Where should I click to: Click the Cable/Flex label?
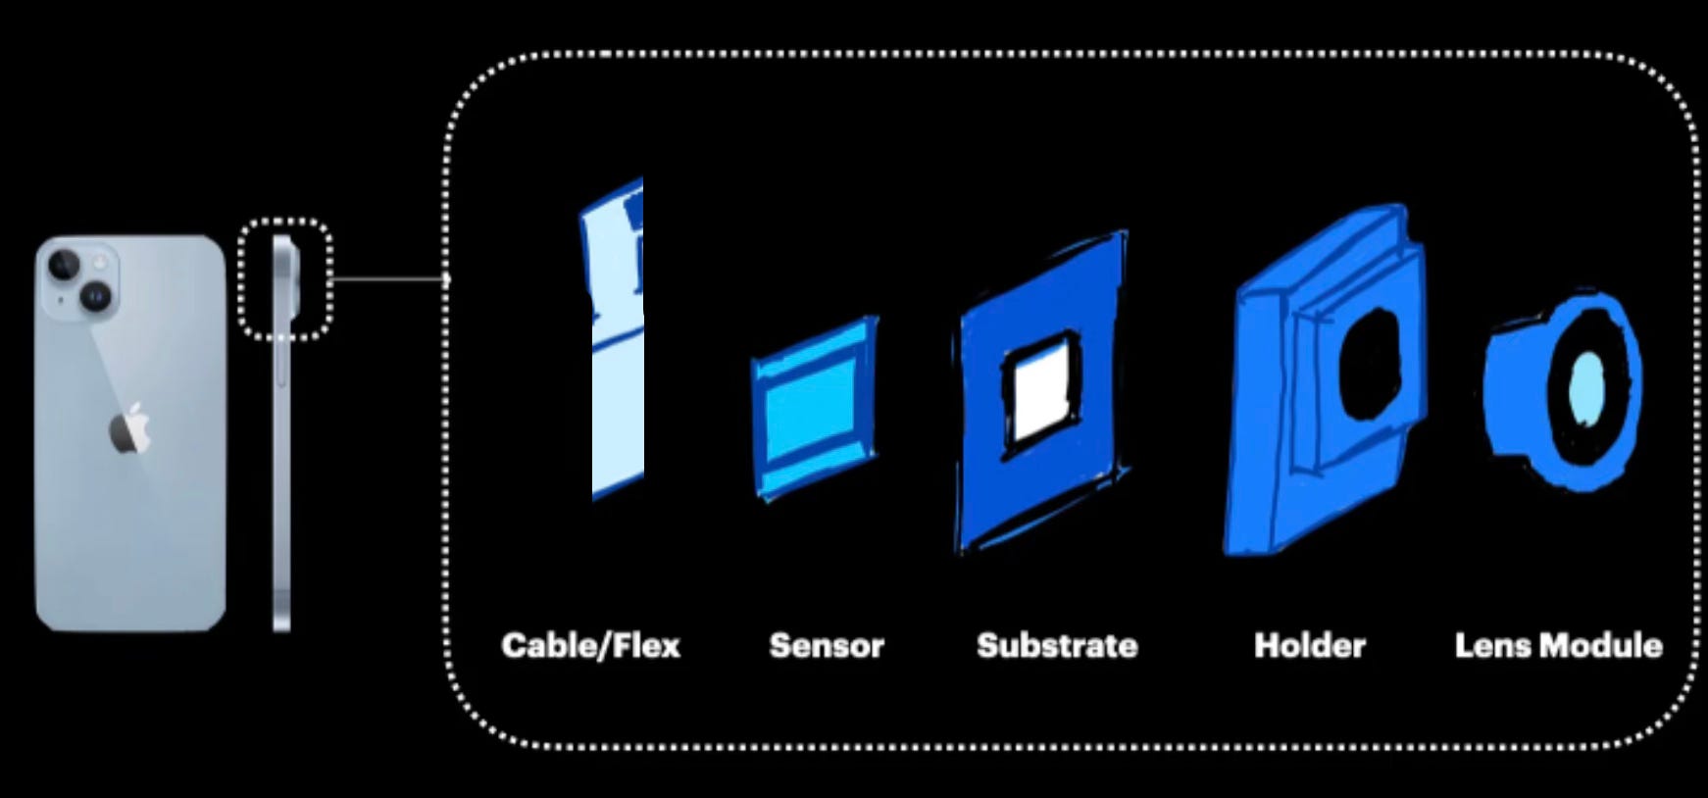pyautogui.click(x=590, y=645)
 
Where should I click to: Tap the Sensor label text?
pyautogui.click(x=827, y=645)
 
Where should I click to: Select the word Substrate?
pyautogui.click(x=1057, y=645)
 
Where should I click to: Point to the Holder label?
pyautogui.click(x=1309, y=645)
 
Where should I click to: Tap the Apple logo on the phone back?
pyautogui.click(x=129, y=429)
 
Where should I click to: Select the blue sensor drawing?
pyautogui.click(x=814, y=407)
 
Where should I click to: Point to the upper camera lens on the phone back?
pyautogui.click(x=65, y=263)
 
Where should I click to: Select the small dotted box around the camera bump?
pyautogui.click(x=284, y=223)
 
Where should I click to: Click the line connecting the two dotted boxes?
pyautogui.click(x=387, y=279)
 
